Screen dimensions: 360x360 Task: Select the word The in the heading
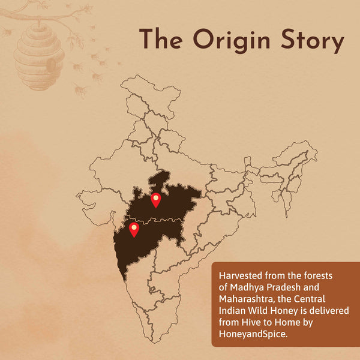[x=159, y=41]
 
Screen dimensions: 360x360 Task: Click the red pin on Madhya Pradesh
[x=156, y=200]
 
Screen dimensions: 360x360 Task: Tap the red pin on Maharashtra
[x=134, y=229]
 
